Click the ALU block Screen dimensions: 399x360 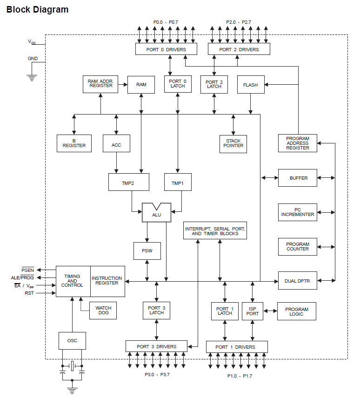pyautogui.click(x=156, y=214)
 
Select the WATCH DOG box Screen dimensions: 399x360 pyautogui.click(x=103, y=311)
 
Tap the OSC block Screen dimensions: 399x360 pyautogui.click(x=72, y=340)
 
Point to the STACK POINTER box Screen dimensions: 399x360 pyautogui.click(x=233, y=144)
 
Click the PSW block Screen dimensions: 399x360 pyautogui.click(x=147, y=251)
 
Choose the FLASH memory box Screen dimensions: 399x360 pyautogui.click(x=250, y=85)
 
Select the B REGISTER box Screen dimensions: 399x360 pyautogui.click(x=74, y=143)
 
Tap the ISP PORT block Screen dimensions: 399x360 pyautogui.click(x=253, y=311)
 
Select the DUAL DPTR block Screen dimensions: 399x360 pyautogui.click(x=297, y=281)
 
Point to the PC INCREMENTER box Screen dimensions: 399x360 pyautogui.click(x=297, y=212)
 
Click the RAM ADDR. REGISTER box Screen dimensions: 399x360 pyautogui.click(x=100, y=84)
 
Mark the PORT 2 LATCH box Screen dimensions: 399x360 pyautogui.click(x=214, y=84)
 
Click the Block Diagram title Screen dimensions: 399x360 pyautogui.click(x=37, y=9)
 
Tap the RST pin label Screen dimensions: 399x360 pyautogui.click(x=29, y=293)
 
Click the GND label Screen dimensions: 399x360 pyautogui.click(x=33, y=59)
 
